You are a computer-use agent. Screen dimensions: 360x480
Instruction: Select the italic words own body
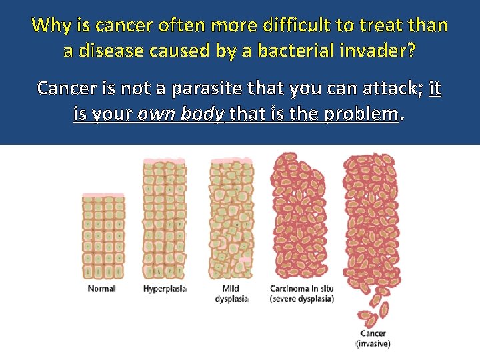(x=180, y=113)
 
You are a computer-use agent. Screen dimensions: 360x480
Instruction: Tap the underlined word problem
(x=361, y=113)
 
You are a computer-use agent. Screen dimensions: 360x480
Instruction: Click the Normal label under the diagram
(x=101, y=289)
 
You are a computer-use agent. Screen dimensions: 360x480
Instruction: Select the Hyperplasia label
(x=165, y=289)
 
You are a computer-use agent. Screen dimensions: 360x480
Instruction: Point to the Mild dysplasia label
(x=231, y=294)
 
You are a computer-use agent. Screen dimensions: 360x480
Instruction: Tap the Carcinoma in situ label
(x=301, y=294)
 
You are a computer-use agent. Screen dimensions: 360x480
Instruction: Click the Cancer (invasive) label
(x=373, y=339)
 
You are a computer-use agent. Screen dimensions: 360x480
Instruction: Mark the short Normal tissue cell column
(x=103, y=237)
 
